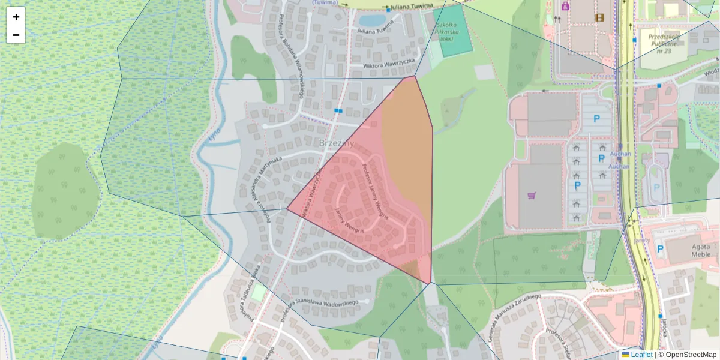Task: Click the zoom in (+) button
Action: (16, 16)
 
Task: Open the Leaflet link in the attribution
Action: (641, 355)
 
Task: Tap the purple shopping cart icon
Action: (531, 196)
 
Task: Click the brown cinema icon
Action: (599, 17)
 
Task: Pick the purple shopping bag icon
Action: (565, 7)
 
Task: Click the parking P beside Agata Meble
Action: (660, 248)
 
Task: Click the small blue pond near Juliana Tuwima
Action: (374, 20)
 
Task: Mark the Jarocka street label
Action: (665, 328)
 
